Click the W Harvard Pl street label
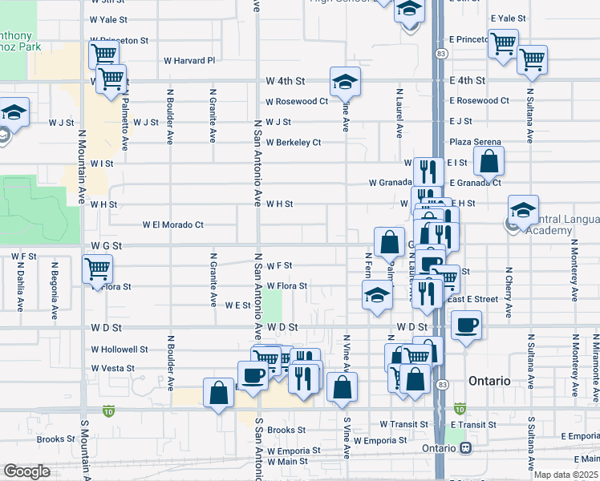[x=190, y=60]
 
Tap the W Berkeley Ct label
[x=294, y=143]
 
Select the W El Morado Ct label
[x=173, y=225]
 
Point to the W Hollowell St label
[x=120, y=350]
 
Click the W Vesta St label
[x=113, y=369]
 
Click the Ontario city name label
[x=489, y=381]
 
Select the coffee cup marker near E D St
[x=467, y=325]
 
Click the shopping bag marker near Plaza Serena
[x=489, y=161]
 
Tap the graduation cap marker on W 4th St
[x=345, y=82]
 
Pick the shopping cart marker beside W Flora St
[x=98, y=269]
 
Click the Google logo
[x=27, y=471]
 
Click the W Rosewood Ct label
[x=298, y=102]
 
